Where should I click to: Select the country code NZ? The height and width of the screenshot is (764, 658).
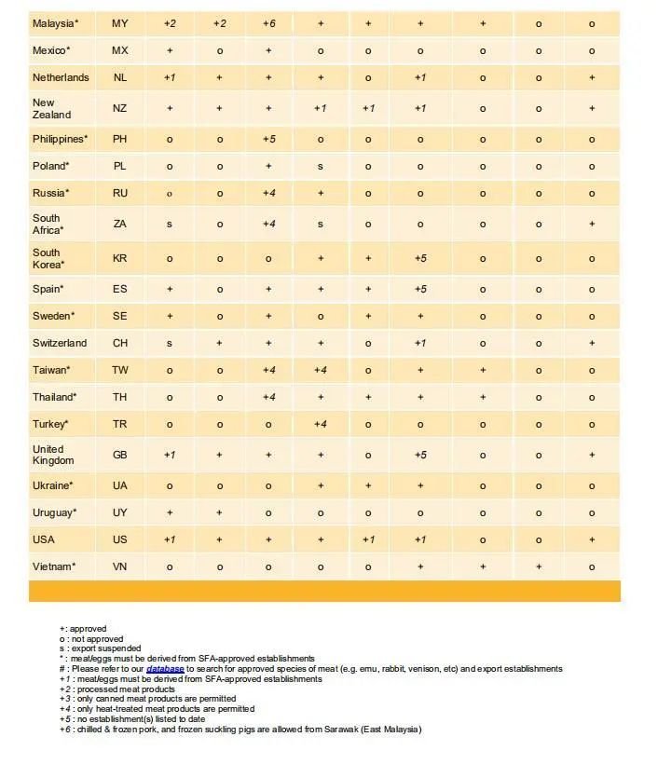coord(120,109)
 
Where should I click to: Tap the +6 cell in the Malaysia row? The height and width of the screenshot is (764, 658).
coord(268,22)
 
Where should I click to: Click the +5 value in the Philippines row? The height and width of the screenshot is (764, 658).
coord(268,139)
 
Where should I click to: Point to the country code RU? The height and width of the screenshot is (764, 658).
coord(120,194)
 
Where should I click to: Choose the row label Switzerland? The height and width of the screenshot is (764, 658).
coord(60,343)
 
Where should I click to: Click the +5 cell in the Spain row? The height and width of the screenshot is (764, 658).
coord(420,289)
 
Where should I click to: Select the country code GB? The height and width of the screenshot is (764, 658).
coord(120,456)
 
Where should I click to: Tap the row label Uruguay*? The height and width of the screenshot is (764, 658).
coord(55,512)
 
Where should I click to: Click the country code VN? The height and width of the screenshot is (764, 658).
coord(120,566)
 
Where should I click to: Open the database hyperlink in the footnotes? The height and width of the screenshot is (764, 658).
coord(165,669)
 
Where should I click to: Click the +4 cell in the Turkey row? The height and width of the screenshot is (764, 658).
coord(320,425)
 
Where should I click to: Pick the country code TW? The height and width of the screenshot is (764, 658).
coord(120,370)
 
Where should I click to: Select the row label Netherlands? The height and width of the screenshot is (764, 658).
coord(61,77)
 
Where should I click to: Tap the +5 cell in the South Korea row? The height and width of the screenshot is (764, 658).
coord(420,258)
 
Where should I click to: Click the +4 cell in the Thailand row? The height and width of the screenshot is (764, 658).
coord(268,397)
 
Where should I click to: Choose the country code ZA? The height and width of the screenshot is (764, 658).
coord(120,225)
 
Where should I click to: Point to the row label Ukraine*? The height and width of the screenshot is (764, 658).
coord(53,485)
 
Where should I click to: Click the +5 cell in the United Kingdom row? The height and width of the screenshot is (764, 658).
coord(420,456)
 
